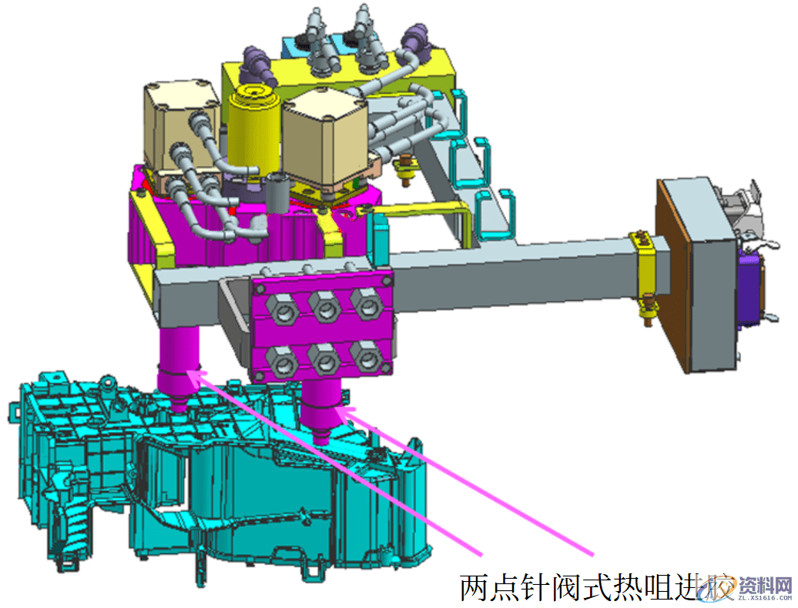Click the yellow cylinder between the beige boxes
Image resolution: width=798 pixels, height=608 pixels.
click(x=253, y=127)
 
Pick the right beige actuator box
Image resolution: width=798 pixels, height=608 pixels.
click(x=324, y=139)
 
